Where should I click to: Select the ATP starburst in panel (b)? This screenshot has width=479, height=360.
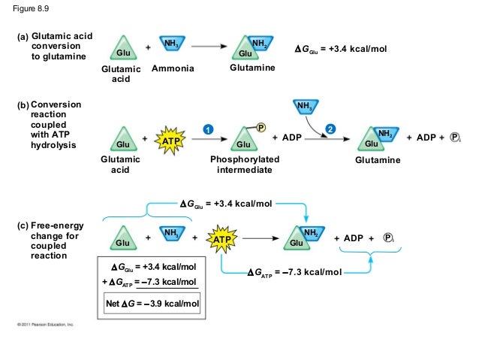[169, 141]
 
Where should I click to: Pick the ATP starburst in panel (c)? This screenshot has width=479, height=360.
[223, 239]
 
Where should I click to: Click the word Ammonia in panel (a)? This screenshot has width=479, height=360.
[173, 69]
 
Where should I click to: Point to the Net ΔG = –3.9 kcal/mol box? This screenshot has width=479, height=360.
[155, 304]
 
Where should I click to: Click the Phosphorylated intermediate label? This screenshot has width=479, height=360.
[246, 165]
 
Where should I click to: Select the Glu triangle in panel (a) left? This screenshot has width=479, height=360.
[121, 50]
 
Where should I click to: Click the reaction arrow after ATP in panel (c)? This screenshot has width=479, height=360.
[262, 238]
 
